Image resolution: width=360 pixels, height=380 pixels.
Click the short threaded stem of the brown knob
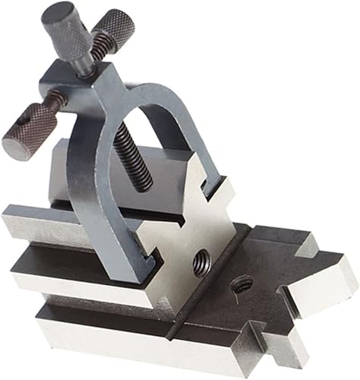point(55,100)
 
